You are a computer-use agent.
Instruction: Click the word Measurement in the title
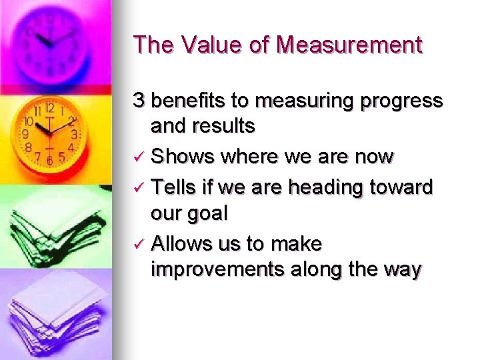(349, 45)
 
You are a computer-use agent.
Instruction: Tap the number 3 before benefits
(139, 101)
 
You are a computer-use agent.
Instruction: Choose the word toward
(402, 188)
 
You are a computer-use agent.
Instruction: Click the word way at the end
(402, 269)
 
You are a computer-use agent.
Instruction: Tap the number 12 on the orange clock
(49, 108)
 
